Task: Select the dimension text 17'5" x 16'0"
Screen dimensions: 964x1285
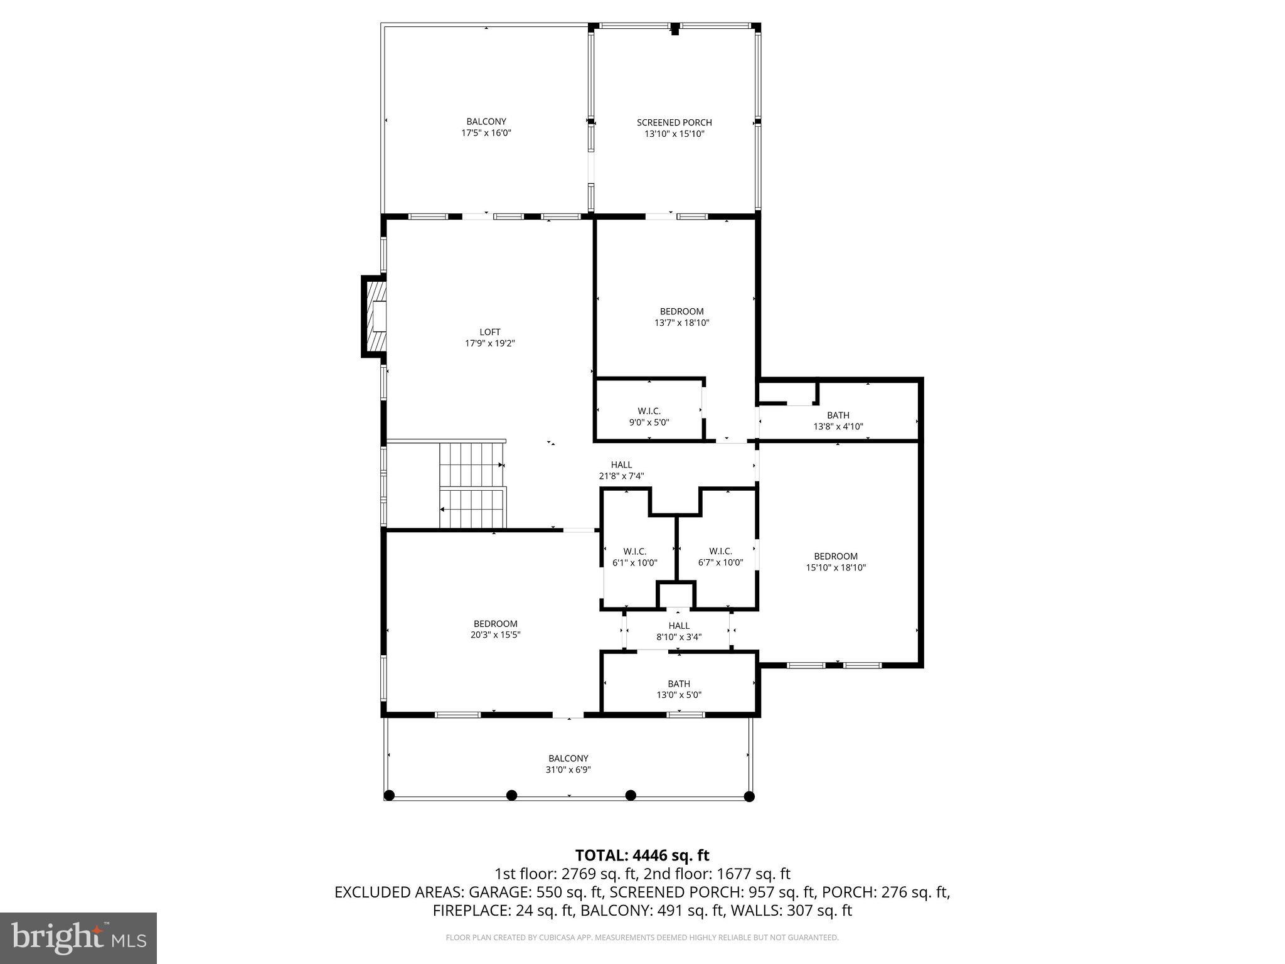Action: [x=486, y=133]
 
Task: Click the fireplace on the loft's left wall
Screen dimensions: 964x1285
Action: [x=375, y=316]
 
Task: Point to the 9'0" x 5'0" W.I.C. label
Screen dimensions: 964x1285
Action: [x=649, y=417]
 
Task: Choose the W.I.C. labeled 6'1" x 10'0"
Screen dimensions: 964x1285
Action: [x=634, y=557]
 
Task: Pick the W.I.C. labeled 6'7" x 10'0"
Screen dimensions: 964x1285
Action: [x=720, y=557]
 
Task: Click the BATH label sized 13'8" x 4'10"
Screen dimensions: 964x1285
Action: [x=838, y=420]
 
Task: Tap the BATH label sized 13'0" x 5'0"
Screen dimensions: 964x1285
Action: [x=679, y=689]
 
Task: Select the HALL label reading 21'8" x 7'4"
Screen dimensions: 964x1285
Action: [x=621, y=470]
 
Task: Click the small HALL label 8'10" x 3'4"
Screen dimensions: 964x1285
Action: [x=679, y=631]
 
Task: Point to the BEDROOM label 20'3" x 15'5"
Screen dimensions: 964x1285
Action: [x=495, y=629]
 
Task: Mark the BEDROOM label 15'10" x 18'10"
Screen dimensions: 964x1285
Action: [x=836, y=562]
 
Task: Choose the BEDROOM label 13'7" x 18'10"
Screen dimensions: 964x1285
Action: [x=681, y=317]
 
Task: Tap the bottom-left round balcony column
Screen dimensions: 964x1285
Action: [x=388, y=796]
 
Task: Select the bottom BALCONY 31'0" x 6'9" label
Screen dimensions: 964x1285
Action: [x=568, y=764]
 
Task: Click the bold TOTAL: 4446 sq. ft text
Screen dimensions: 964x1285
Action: [x=642, y=855]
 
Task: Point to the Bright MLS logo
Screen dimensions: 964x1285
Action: [x=78, y=938]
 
